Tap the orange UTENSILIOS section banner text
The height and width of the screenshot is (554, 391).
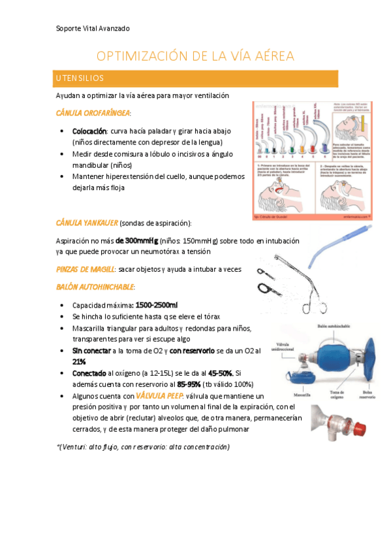79,78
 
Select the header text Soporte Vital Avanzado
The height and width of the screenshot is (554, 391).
93,29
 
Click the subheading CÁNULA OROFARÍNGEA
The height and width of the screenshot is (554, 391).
93,113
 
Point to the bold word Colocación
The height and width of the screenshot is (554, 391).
89,131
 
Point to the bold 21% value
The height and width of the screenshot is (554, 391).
79,361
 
